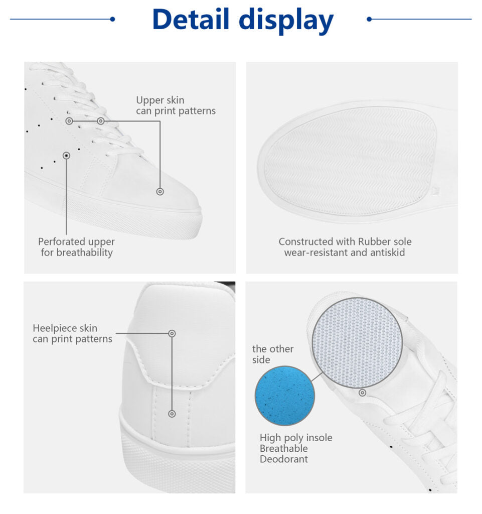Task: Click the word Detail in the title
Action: [191, 19]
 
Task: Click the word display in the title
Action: [286, 20]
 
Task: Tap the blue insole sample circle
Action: [285, 396]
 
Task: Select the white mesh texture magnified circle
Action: [357, 342]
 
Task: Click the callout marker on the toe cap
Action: [160, 191]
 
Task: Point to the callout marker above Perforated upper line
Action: [67, 156]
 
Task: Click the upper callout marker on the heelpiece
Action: [172, 333]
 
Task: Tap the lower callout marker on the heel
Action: [172, 414]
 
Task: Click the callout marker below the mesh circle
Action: [363, 393]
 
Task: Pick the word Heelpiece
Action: [53, 328]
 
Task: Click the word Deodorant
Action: [283, 459]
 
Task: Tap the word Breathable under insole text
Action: [283, 448]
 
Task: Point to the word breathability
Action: [84, 252]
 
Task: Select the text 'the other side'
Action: [273, 354]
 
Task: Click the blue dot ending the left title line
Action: [112, 19]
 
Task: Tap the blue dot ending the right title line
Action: [369, 19]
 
